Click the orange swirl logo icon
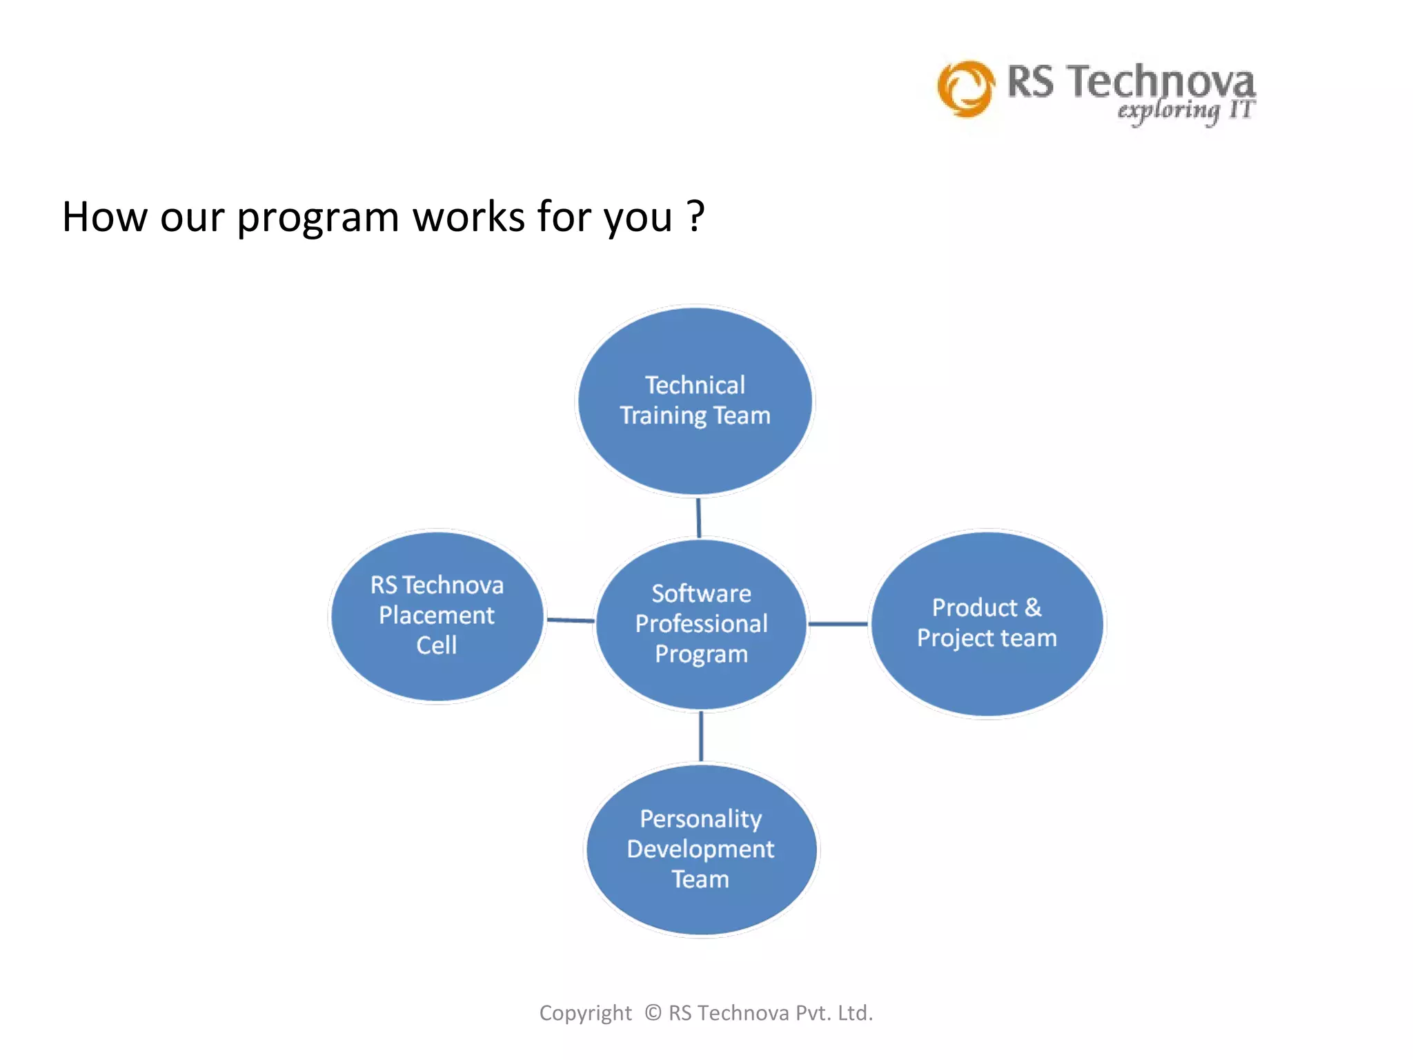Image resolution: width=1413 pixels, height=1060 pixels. pyautogui.click(x=966, y=88)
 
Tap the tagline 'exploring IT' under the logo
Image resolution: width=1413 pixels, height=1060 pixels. pyautogui.click(x=1185, y=111)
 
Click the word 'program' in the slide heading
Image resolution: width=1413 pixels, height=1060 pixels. pyautogui.click(x=317, y=217)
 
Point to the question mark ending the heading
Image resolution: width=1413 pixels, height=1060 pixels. pyautogui.click(x=695, y=216)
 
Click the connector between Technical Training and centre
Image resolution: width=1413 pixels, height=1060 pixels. pyautogui.click(x=698, y=518)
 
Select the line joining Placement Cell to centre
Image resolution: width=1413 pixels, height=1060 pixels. pyautogui.click(x=570, y=620)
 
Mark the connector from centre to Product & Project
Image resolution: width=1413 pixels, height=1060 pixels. pyautogui.click(x=838, y=623)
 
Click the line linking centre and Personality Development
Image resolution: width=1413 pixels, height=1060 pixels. pyautogui.click(x=701, y=736)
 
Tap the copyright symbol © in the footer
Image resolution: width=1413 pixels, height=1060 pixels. pyautogui.click(x=653, y=1012)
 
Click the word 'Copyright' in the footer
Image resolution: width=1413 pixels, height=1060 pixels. pyautogui.click(x=585, y=1013)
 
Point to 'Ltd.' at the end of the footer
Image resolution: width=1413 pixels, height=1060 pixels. pyautogui.click(x=855, y=1012)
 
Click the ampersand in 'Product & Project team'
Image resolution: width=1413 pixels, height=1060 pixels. pyautogui.click(x=1033, y=608)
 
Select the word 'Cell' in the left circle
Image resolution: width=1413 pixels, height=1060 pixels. pyautogui.click(x=436, y=645)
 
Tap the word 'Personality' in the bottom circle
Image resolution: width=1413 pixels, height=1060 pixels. pyautogui.click(x=700, y=819)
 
